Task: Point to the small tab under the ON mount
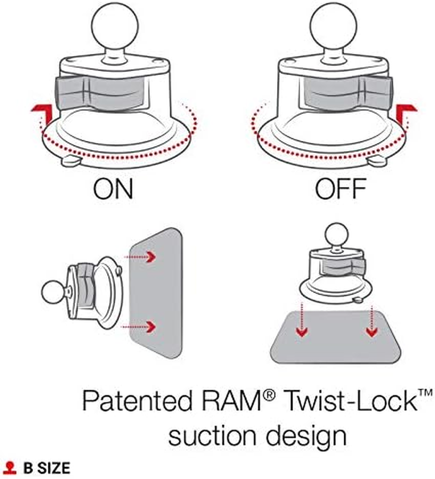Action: (x=69, y=161)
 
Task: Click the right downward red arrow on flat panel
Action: (x=371, y=329)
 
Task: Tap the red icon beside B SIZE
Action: (x=10, y=468)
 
